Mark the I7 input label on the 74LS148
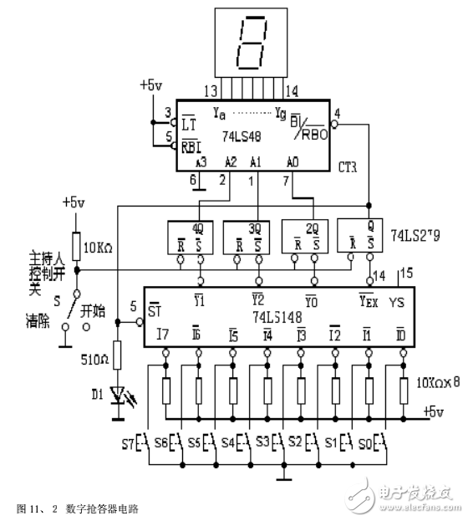point(162,336)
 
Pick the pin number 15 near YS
point(407,273)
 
